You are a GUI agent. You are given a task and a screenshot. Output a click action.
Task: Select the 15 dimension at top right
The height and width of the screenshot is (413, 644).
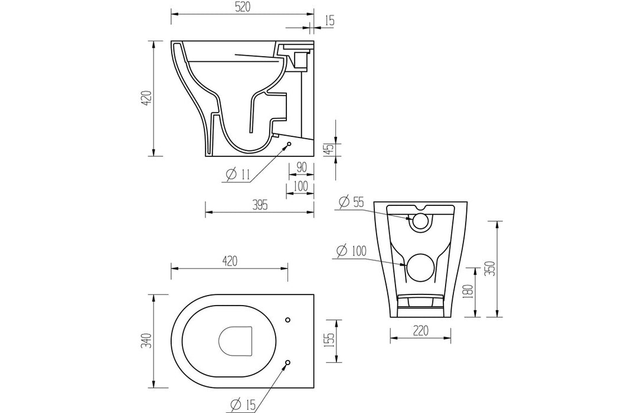point(329,21)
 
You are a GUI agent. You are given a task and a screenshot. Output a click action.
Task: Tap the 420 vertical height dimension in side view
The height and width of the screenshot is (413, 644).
point(147,97)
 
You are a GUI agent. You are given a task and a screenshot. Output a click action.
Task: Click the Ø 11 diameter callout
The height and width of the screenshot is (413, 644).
point(238,174)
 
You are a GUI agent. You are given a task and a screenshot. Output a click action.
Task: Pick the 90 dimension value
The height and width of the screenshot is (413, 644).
point(301,168)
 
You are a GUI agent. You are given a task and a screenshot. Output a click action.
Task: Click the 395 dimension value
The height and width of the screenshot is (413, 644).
point(260,205)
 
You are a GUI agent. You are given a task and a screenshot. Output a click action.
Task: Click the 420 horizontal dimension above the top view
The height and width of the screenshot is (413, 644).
point(230,260)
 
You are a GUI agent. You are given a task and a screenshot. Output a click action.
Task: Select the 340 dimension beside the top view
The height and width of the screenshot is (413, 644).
point(147,341)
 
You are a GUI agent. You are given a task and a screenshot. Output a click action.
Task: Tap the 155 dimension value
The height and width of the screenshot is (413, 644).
point(329,342)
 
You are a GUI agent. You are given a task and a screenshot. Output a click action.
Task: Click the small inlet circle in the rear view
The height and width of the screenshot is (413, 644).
point(420,221)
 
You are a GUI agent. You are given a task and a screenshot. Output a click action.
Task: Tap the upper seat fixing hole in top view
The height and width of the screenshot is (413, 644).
point(287,320)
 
